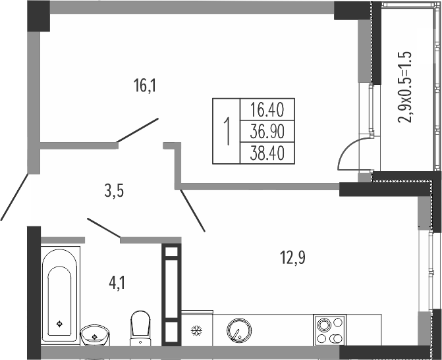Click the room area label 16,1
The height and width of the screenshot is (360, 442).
pos(145,86)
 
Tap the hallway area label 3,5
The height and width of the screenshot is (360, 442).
pos(114,192)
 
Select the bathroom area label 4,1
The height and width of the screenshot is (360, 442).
pos(117,283)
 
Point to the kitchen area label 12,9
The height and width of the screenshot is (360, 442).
pos(292,257)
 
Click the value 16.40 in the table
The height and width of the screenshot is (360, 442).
pos(267,110)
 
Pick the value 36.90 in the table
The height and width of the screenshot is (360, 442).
pos(267,132)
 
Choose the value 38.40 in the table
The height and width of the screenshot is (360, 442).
pos(267,153)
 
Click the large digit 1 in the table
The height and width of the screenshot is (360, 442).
pos(227,131)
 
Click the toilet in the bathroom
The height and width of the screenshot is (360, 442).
pos(140,328)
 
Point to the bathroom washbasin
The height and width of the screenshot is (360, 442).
pos(95,335)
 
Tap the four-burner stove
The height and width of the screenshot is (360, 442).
pos(330,330)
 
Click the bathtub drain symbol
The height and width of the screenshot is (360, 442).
pos(59,324)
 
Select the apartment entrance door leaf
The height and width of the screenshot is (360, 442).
pos(14,197)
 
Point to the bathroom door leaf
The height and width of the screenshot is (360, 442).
pos(104,228)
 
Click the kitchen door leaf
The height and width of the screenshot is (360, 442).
pos(192,211)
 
